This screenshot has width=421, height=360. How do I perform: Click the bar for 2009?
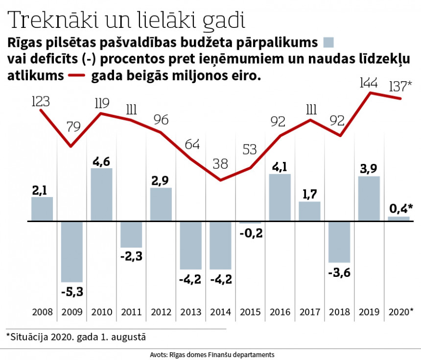[72, 251]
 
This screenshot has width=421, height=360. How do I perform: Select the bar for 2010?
[102, 195]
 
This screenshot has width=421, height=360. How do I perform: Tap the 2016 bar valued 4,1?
[280, 198]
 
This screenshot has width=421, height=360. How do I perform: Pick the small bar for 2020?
[398, 219]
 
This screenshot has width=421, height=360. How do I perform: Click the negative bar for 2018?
[339, 242]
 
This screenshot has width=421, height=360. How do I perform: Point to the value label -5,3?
[72, 292]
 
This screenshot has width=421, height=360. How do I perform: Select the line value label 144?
[369, 83]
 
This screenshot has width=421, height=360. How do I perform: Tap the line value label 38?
[220, 164]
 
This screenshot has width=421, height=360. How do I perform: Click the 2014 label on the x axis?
[220, 312]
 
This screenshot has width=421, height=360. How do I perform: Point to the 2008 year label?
[42, 312]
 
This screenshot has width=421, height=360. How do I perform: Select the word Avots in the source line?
[162, 354]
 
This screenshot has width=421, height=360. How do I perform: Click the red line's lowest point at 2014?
[221, 180]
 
